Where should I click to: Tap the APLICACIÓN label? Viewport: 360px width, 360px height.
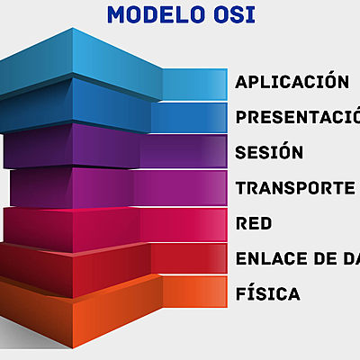tap(292, 82)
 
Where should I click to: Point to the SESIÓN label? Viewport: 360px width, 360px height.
tap(269, 152)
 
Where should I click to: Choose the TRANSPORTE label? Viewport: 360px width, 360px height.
tap(294, 187)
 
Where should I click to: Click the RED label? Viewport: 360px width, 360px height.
tap(253, 222)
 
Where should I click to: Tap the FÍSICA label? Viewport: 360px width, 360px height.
tap(267, 293)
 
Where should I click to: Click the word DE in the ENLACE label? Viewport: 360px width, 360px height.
tap(325, 258)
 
